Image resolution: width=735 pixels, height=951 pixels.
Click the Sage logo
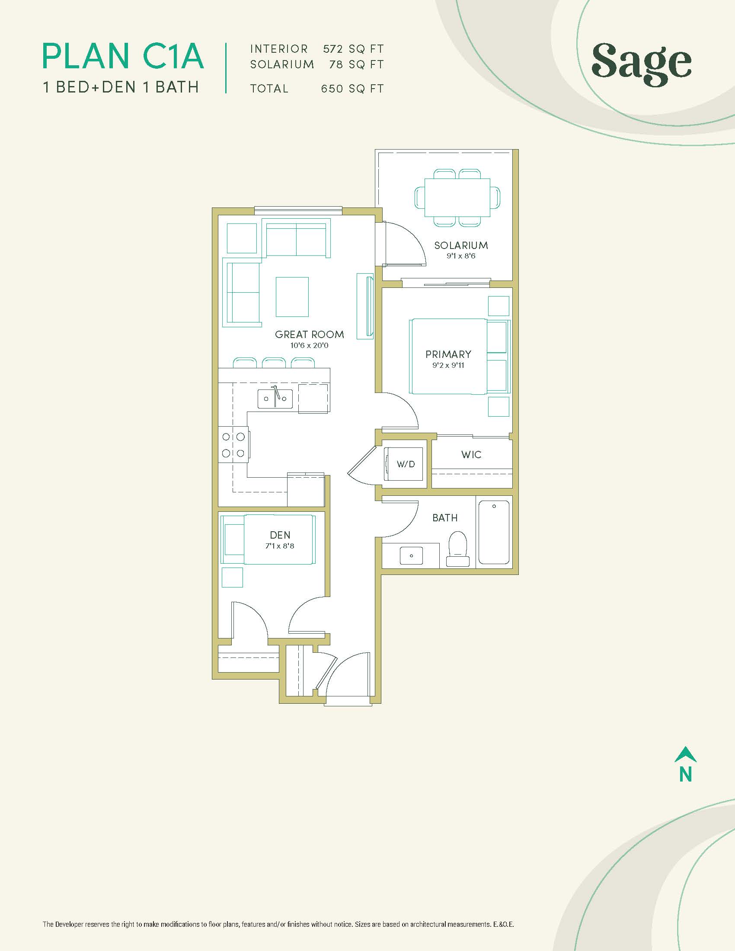[641, 64]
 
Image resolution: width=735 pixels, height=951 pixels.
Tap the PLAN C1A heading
[123, 56]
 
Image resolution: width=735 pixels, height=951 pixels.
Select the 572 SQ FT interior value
[353, 49]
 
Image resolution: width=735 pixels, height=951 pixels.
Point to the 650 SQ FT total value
[352, 88]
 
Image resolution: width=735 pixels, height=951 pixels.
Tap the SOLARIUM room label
[461, 245]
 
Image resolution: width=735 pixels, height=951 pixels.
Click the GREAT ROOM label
[310, 335]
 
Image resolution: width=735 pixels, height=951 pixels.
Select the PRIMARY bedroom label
[448, 354]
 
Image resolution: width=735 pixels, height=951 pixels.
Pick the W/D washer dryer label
[406, 464]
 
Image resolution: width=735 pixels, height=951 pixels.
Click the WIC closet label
[471, 455]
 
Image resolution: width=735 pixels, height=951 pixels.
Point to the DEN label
[280, 535]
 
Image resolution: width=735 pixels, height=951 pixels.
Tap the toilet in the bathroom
[457, 549]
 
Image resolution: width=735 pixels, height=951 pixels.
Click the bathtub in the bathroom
[494, 532]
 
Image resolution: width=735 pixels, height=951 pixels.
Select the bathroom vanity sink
[411, 555]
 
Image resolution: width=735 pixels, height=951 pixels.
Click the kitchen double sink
[275, 398]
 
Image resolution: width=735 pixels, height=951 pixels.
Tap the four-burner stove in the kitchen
[233, 444]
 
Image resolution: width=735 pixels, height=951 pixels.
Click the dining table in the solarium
[457, 198]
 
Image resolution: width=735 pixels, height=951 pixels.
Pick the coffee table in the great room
[292, 297]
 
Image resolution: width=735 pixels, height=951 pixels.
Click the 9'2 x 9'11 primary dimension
[448, 365]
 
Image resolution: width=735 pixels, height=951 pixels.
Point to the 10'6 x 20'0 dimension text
[309, 346]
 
